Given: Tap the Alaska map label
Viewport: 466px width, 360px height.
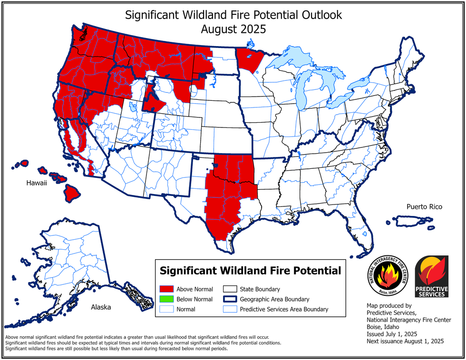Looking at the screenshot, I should (x=101, y=307).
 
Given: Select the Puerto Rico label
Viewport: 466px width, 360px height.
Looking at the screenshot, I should (x=424, y=207).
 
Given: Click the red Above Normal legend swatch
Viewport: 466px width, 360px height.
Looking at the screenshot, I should (x=165, y=289).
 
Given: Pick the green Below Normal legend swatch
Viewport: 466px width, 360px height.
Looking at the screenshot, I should (x=165, y=299).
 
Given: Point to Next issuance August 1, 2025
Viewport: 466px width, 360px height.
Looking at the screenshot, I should (x=405, y=341).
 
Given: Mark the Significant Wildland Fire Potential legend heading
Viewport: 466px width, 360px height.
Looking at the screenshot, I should (x=250, y=271).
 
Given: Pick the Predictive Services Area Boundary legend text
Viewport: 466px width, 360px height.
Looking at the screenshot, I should (x=284, y=309).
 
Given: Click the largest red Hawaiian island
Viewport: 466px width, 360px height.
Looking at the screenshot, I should (x=72, y=192).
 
